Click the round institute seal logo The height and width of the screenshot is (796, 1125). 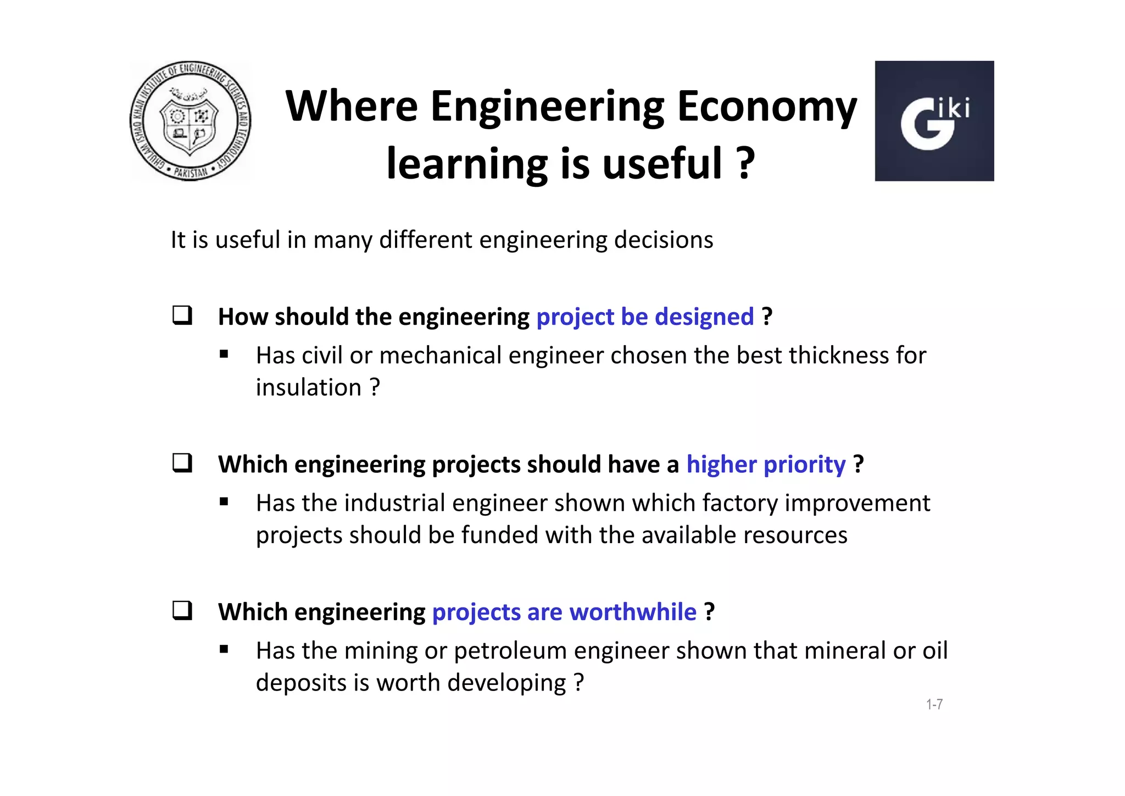tap(190, 121)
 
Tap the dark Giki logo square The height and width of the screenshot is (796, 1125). tap(934, 121)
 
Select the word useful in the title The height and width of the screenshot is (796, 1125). tap(662, 163)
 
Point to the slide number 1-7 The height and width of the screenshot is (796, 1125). tap(934, 704)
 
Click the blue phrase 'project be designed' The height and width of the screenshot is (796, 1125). tap(645, 317)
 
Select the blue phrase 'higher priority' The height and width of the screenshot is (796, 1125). tap(766, 465)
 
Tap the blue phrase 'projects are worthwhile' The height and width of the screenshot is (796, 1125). tap(564, 612)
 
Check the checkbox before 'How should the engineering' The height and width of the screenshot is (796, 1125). tap(182, 316)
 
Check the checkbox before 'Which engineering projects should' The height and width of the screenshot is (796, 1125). tap(182, 463)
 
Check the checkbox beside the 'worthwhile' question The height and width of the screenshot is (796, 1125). tap(182, 611)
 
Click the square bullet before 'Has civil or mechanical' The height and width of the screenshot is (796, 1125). tap(224, 355)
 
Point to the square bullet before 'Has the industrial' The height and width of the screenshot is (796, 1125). tap(224, 502)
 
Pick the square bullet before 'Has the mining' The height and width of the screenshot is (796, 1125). tap(224, 650)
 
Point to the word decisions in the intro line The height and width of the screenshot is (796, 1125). tap(663, 240)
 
